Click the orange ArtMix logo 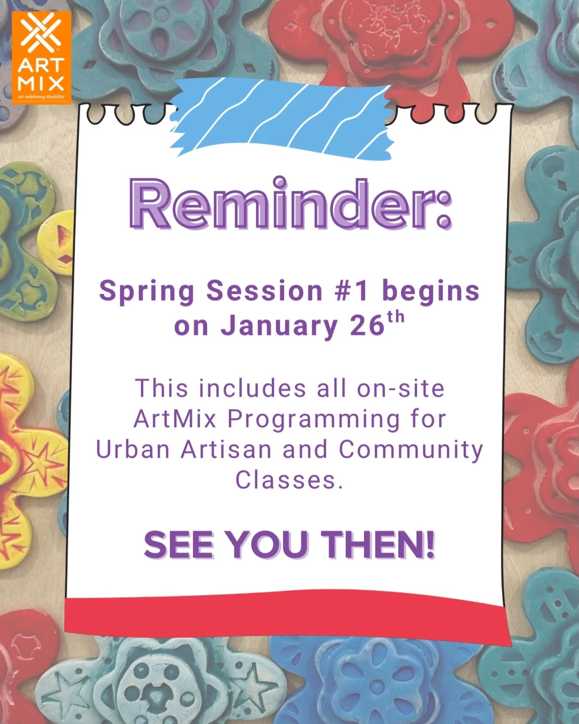tap(41, 57)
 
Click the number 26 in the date tap(367, 326)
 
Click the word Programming tap(314, 420)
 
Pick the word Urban tap(133, 449)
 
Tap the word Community tap(411, 450)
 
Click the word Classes tap(288, 480)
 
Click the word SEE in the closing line tap(179, 545)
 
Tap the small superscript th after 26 tap(396, 317)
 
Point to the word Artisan tap(226, 449)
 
